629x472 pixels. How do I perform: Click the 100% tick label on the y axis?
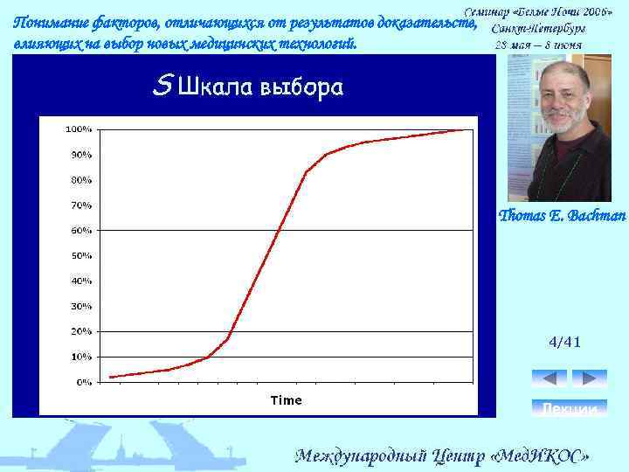coord(79,129)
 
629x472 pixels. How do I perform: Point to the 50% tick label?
coord(81,256)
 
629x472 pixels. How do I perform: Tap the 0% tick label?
coord(84,382)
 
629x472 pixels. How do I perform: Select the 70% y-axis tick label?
coord(81,205)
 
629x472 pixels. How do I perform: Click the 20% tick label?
coord(81,331)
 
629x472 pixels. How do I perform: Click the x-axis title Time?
coord(286,400)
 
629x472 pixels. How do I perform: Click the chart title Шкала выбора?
coord(259,87)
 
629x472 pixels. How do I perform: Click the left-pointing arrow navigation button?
coord(549,378)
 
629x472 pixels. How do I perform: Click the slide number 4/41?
coord(564,342)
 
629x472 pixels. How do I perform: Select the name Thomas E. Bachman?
coord(562,215)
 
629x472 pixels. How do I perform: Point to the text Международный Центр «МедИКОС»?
coord(443,455)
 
